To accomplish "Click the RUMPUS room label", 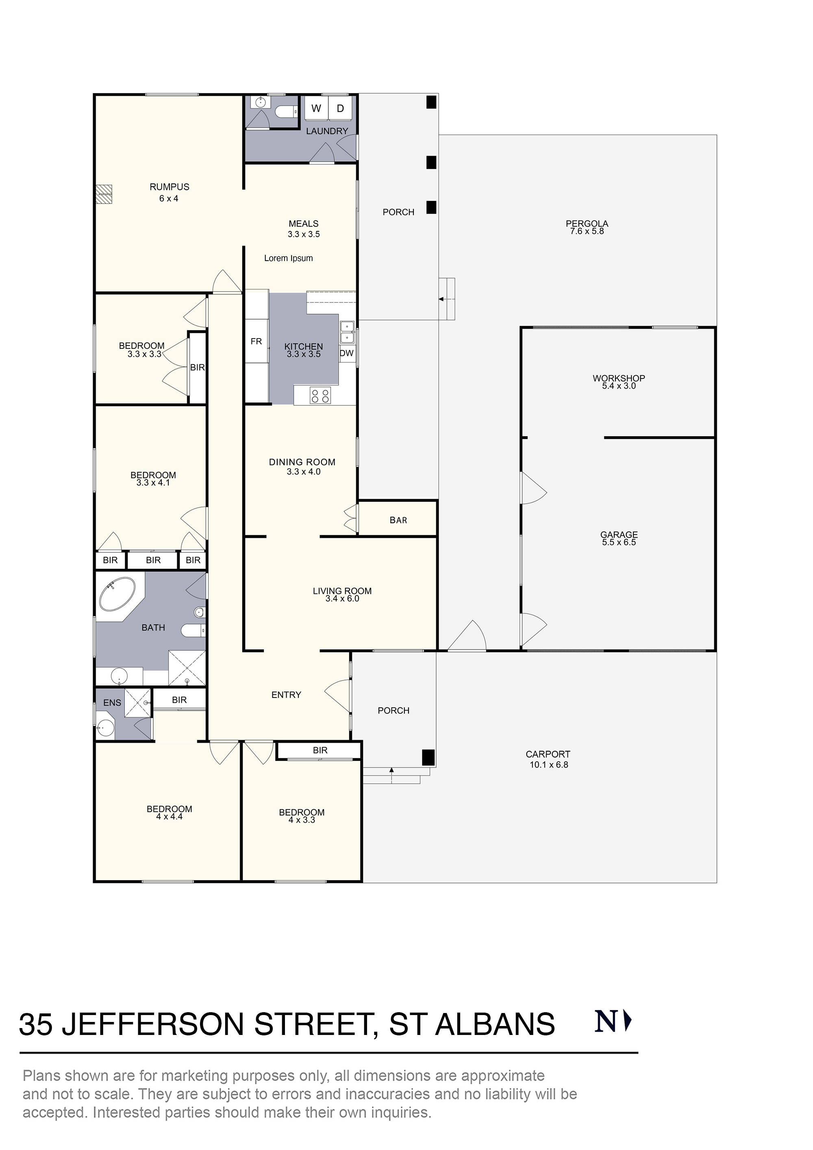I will tap(170, 187).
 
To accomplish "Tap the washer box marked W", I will tap(316, 108).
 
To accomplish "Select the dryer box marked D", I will tap(340, 108).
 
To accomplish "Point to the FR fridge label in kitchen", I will tap(256, 341).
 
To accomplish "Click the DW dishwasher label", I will tap(347, 353).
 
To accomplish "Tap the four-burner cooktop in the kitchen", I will tap(320, 396).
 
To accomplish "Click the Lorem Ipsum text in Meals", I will tap(289, 259).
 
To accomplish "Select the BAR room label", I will tap(398, 520).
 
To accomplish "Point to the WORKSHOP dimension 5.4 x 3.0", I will tap(619, 386).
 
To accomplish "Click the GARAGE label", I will tap(619, 535).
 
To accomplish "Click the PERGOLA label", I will tap(587, 224).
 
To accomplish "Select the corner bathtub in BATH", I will tap(117, 595).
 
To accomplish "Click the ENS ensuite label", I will tap(112, 703).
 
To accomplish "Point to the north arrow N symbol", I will tap(612, 1022).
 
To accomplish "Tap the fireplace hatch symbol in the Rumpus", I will tap(104, 194).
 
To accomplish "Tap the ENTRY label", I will tap(286, 695).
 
